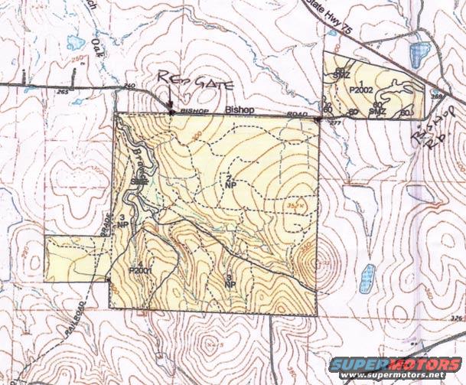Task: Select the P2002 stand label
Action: tap(360, 90)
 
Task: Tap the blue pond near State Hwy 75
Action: tap(417, 54)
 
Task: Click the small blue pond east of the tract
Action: tap(369, 275)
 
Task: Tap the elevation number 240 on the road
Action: tap(128, 86)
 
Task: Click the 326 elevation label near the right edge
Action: tap(457, 318)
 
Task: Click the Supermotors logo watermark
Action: tap(401, 364)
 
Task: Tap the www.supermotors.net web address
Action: tap(401, 376)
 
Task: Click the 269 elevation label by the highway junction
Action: tap(436, 96)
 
